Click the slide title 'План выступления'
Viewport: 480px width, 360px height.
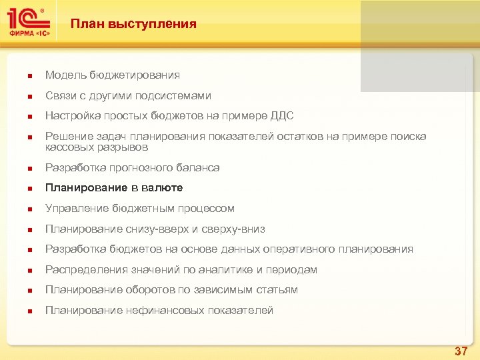(x=133, y=25)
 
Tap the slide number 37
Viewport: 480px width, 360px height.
(x=461, y=351)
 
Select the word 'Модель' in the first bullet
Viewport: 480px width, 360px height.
(x=64, y=75)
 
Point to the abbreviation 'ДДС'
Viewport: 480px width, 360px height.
(x=281, y=116)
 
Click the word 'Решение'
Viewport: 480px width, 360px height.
(x=65, y=137)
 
